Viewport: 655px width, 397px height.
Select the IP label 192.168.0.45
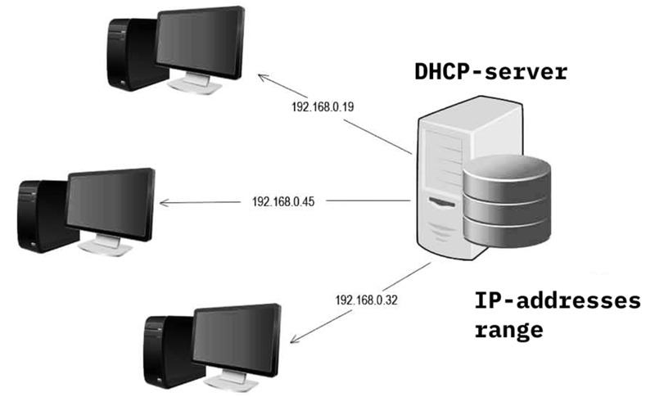(x=283, y=201)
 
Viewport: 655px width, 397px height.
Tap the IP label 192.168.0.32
(x=366, y=300)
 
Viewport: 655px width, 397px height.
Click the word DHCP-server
(x=490, y=73)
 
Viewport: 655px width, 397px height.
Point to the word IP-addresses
(x=558, y=302)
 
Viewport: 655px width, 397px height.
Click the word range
(x=508, y=331)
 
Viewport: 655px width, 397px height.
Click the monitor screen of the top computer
(x=200, y=44)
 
